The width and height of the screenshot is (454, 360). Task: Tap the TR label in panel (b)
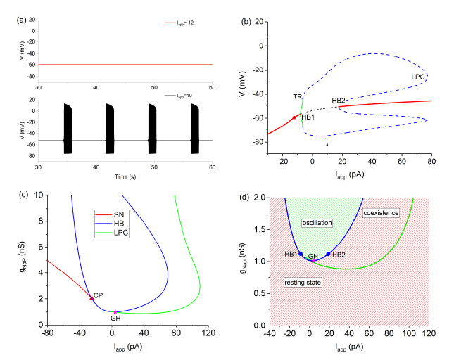pos(298,96)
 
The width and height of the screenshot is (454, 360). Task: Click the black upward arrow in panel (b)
pos(327,145)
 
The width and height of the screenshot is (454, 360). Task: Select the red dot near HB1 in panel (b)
pos(294,117)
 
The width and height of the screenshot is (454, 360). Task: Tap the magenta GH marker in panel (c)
pos(115,311)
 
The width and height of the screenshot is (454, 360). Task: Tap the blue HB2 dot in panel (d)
pos(328,254)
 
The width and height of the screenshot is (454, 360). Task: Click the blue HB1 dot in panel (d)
pos(301,254)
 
